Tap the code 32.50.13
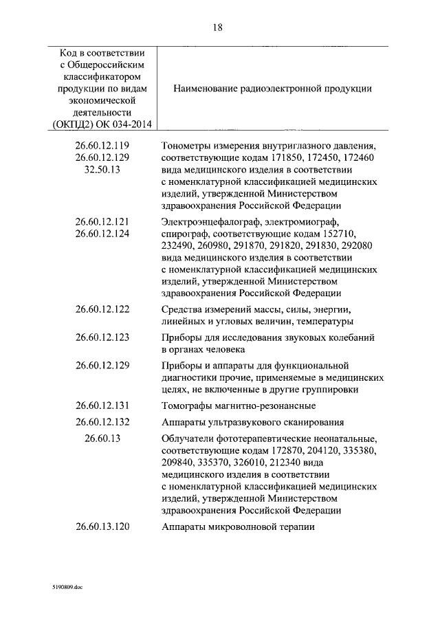[x=102, y=169]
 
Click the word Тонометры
[x=188, y=146]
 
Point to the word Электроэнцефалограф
[x=210, y=221]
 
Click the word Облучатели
[x=188, y=438]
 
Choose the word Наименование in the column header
[x=207, y=89]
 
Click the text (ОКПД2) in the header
[x=72, y=124]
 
